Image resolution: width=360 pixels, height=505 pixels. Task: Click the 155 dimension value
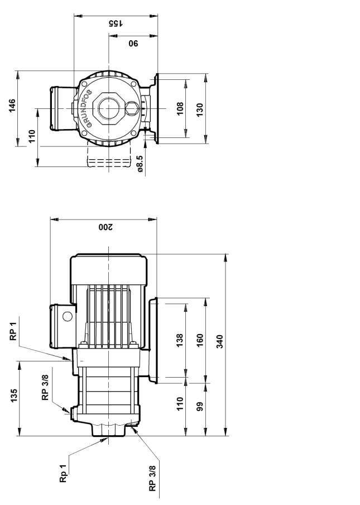tap(116, 23)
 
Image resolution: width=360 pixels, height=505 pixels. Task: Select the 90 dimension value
tap(133, 43)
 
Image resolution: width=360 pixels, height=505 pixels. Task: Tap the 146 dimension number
tap(12, 106)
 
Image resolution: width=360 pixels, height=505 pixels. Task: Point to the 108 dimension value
tap(180, 108)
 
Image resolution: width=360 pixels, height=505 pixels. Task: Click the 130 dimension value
tap(200, 110)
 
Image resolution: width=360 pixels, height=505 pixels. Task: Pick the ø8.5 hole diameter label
tap(140, 164)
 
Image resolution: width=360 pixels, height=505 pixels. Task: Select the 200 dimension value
tap(105, 227)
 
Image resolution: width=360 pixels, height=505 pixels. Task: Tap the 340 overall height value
tap(219, 341)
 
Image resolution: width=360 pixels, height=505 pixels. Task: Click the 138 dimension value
tap(180, 340)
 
